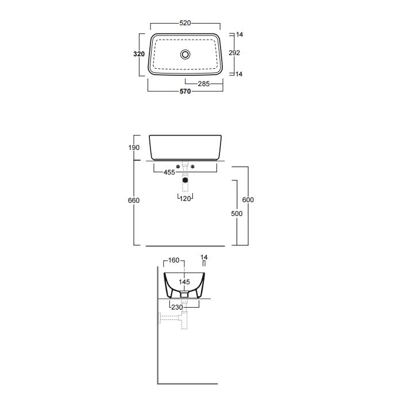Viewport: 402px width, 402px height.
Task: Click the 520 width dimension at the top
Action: tap(185, 23)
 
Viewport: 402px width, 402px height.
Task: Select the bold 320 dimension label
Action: tap(139, 54)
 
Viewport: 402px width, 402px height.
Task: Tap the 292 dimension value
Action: tap(234, 53)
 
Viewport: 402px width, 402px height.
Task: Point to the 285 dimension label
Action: tap(204, 84)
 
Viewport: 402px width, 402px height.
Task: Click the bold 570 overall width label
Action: tap(185, 91)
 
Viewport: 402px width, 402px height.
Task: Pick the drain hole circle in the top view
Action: tap(185, 55)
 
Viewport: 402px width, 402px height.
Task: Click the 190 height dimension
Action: tap(134, 148)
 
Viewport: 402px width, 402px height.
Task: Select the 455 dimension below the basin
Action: tap(169, 172)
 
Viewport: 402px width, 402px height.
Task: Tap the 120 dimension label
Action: tap(185, 199)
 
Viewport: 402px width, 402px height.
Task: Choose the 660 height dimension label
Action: tap(134, 200)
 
